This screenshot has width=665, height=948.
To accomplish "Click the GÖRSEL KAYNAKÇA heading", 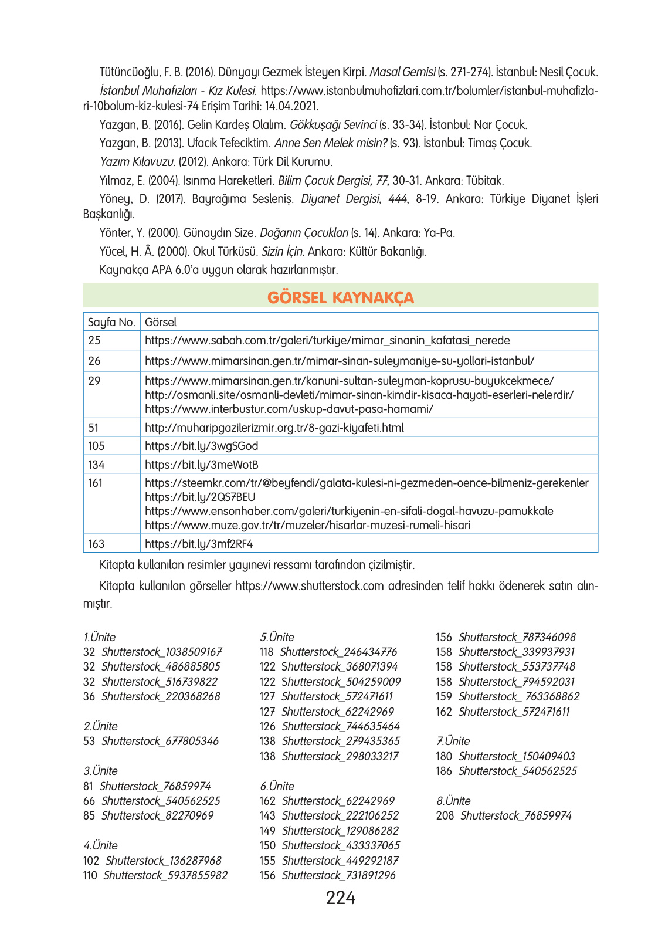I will click(x=340, y=297).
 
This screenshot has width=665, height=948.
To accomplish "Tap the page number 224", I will click(x=340, y=898).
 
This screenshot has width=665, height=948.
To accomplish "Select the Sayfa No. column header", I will click(x=111, y=322).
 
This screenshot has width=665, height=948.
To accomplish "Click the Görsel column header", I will click(x=161, y=322).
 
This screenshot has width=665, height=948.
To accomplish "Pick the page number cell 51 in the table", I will click(x=94, y=428).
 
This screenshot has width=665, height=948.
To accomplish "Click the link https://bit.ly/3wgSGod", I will click(x=201, y=446).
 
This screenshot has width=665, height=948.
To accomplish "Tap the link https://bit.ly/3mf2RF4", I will click(x=199, y=544).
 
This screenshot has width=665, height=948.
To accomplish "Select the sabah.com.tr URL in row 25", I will click(x=327, y=340).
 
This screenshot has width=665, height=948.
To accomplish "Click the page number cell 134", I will click(x=96, y=465).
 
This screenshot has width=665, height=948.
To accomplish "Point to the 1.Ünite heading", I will click(x=100, y=637).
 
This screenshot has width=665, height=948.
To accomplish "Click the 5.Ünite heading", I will click(x=277, y=637).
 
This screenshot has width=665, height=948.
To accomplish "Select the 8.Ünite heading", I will click(x=453, y=801).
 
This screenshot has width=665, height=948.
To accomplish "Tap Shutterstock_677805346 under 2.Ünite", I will click(x=160, y=741).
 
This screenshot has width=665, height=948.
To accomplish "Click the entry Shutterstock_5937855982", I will click(x=165, y=875).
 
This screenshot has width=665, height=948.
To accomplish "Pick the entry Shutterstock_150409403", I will click(x=517, y=756).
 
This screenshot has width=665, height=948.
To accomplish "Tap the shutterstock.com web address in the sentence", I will click(x=310, y=586).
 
